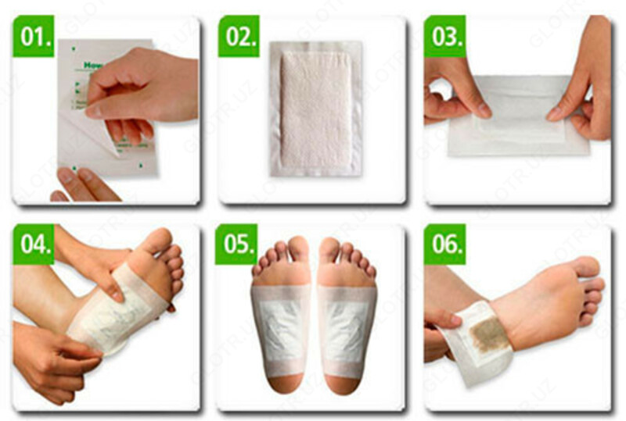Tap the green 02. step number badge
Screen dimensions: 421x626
point(238,36)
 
